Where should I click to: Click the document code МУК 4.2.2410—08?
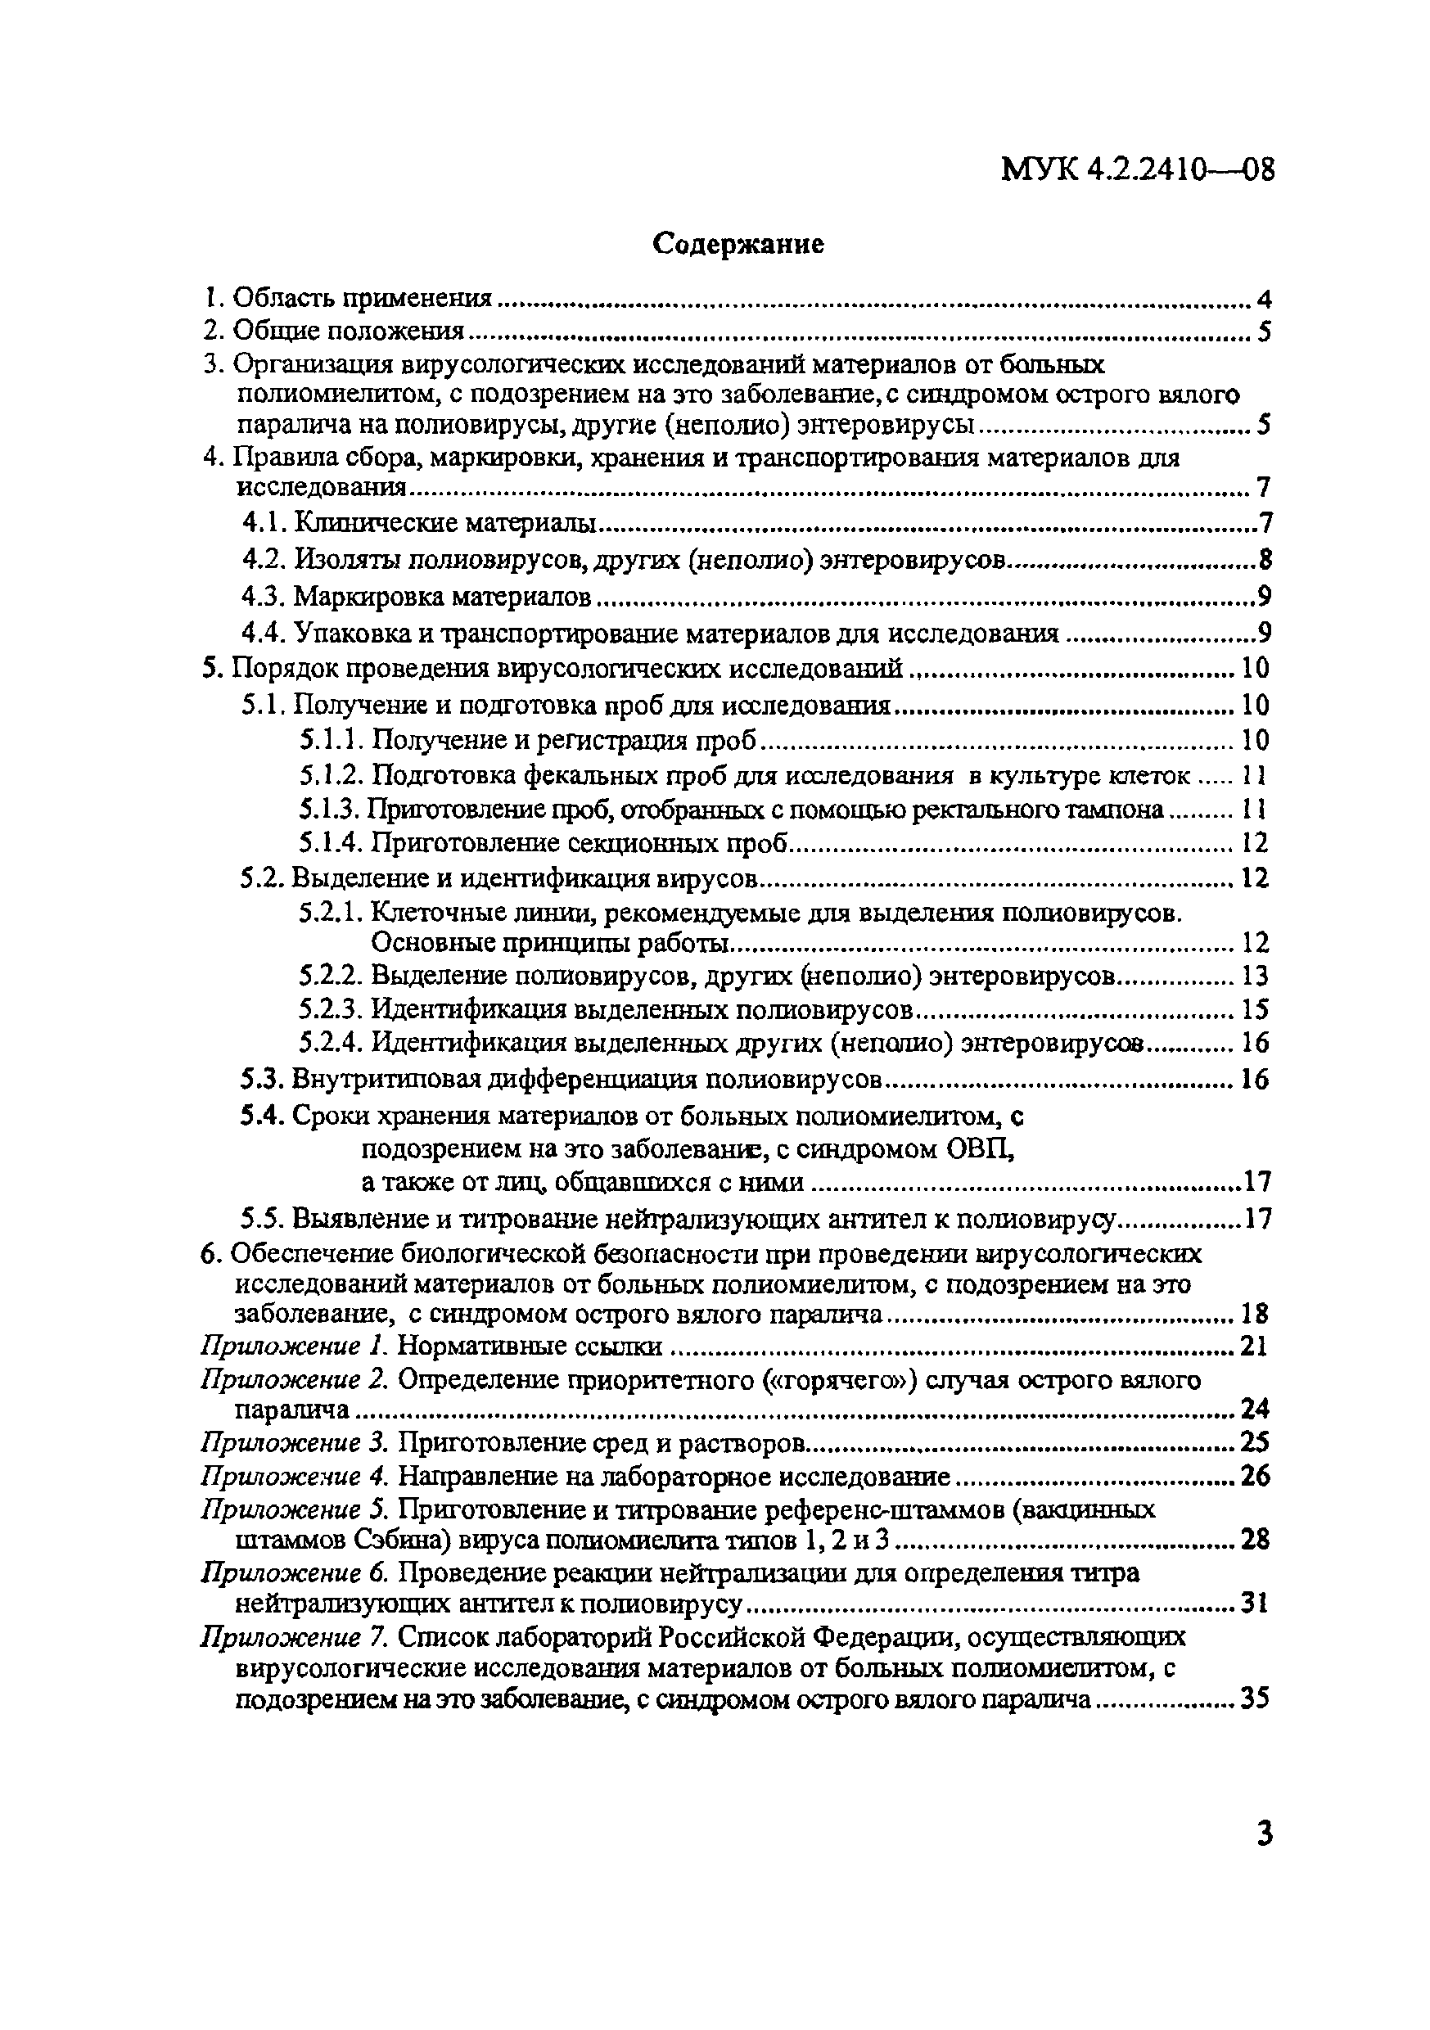tap(1137, 168)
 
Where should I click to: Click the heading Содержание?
tap(738, 243)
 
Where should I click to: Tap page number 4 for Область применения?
tap(1263, 300)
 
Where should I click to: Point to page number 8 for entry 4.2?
tap(1265, 560)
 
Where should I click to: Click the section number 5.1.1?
tap(331, 739)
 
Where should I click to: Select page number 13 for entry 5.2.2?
tap(1255, 975)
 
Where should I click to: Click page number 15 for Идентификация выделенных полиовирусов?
tap(1255, 1008)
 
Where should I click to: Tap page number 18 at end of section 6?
tap(1255, 1313)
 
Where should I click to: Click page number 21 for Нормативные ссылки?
tap(1253, 1346)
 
